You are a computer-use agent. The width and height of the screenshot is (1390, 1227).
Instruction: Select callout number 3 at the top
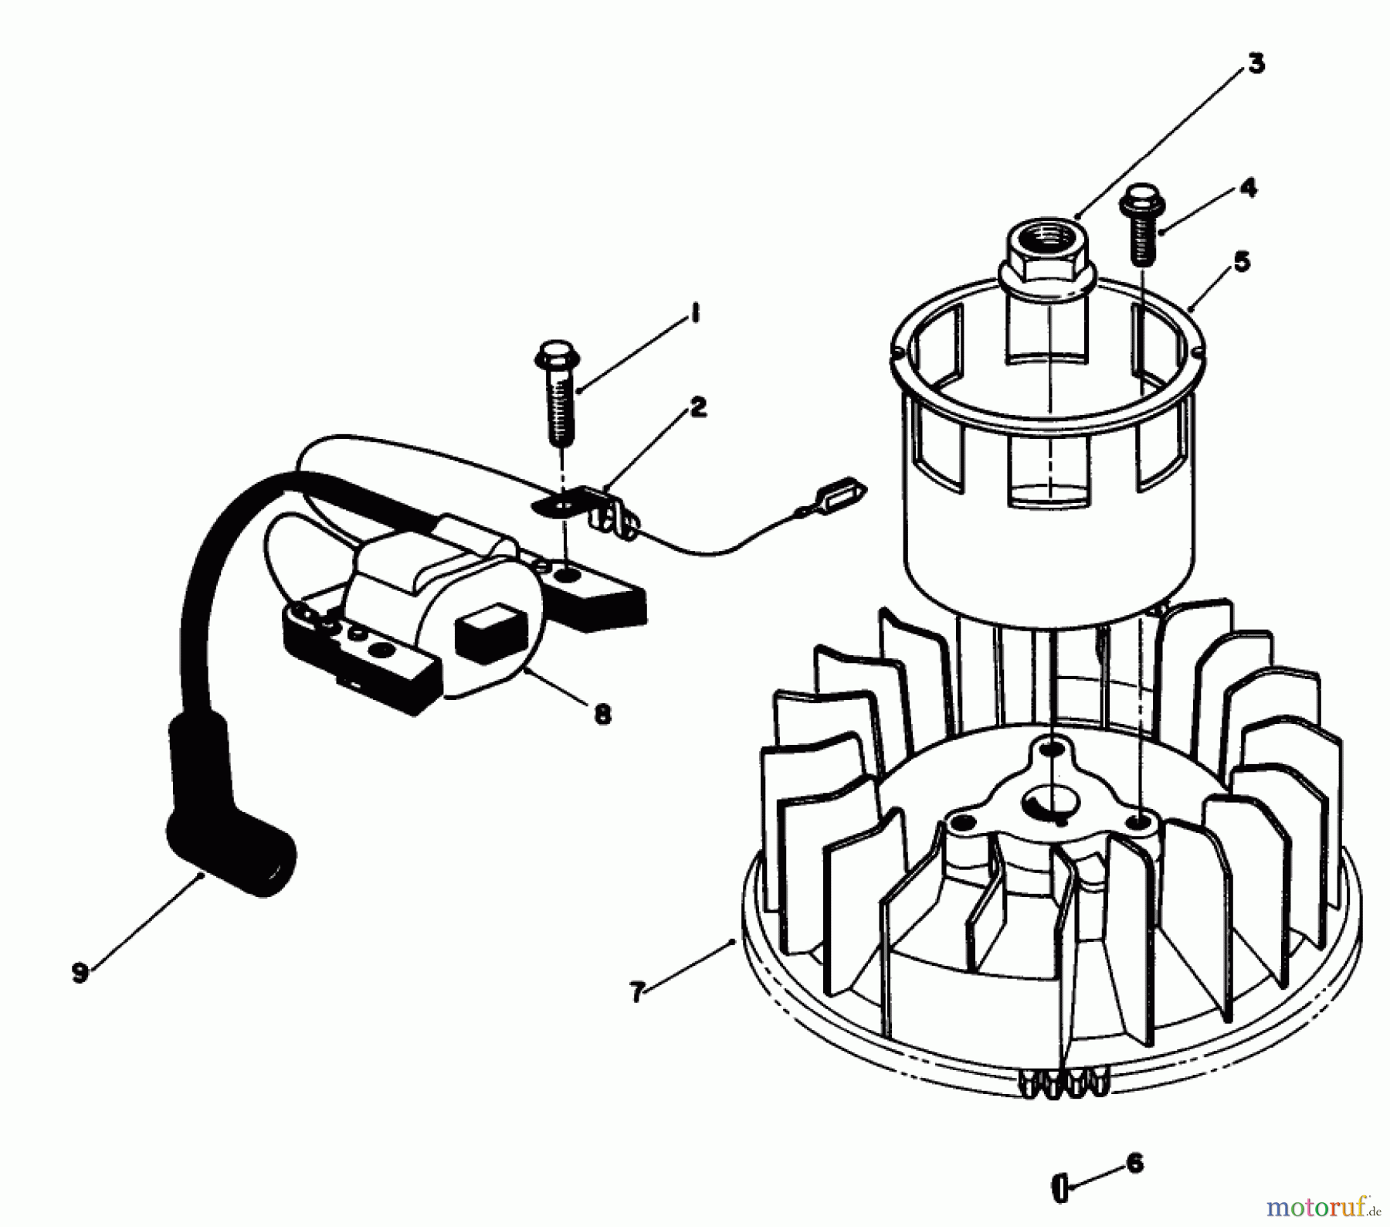(x=1256, y=64)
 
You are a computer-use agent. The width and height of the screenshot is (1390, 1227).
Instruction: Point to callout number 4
(x=1249, y=188)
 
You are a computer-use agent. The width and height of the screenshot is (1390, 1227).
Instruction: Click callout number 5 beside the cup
(x=1241, y=261)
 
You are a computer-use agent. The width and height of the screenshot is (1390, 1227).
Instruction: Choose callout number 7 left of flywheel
(x=636, y=991)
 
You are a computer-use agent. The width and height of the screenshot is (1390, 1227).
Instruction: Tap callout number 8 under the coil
(x=602, y=713)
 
